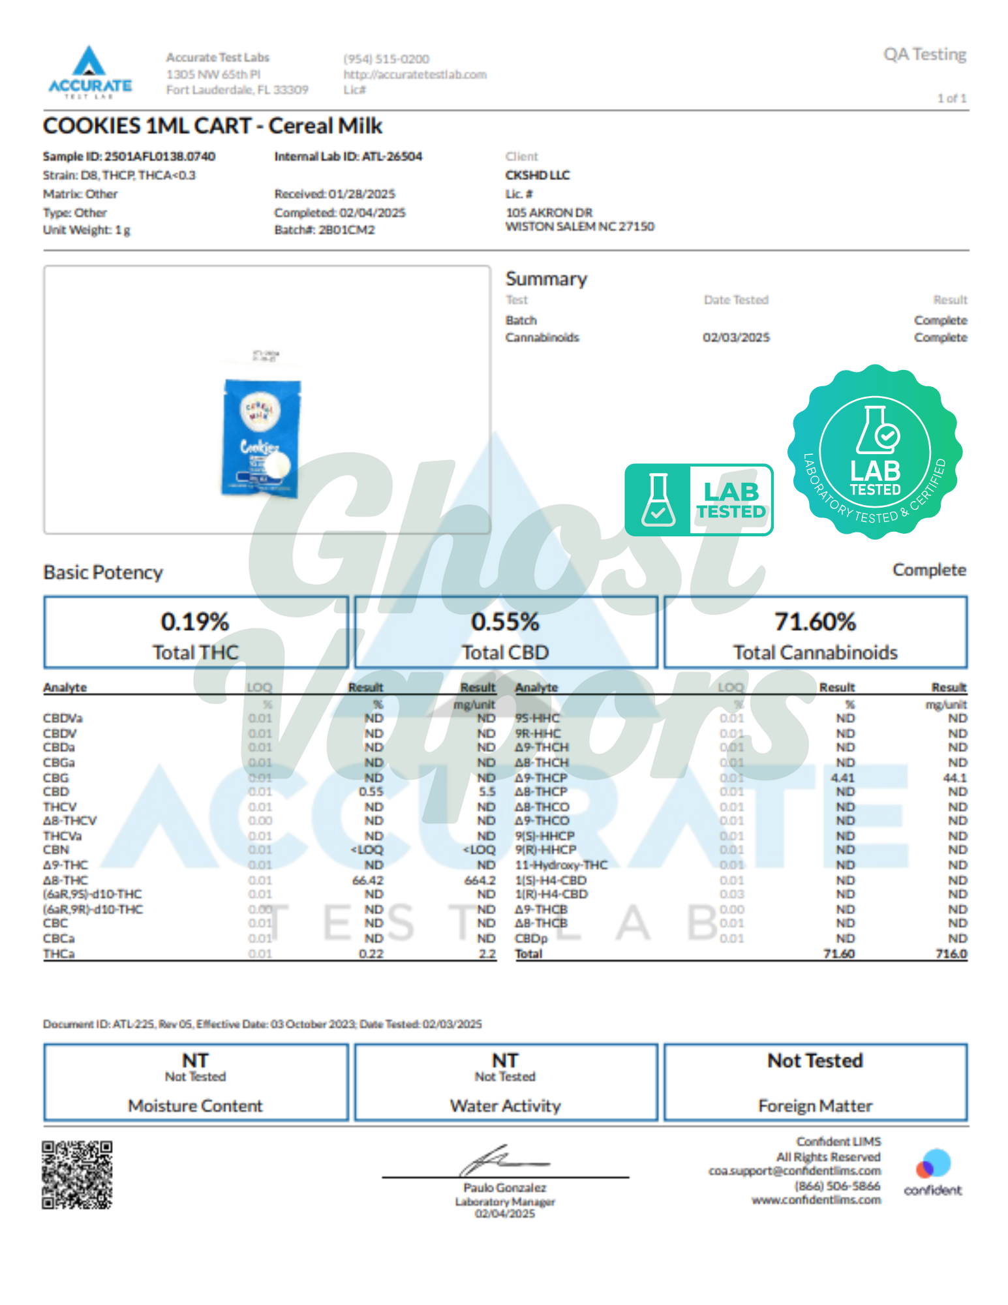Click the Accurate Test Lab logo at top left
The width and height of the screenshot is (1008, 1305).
coord(90,72)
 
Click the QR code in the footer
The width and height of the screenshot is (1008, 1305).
coord(77,1174)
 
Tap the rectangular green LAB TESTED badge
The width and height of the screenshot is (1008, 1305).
coord(699,500)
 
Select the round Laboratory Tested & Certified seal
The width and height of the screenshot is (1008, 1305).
coord(875,452)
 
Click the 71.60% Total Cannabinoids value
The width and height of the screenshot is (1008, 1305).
coord(815,622)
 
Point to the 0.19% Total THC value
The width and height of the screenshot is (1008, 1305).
coord(195,622)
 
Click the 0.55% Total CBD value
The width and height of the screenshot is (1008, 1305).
coord(505,622)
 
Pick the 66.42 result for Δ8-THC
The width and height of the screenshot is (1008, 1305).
coord(368,880)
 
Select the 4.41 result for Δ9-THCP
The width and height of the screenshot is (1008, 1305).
coord(842,778)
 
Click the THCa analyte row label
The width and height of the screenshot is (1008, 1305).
coord(59,954)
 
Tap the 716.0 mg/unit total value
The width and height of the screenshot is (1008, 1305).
coord(951,954)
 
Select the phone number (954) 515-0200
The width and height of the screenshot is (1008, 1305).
coord(386,59)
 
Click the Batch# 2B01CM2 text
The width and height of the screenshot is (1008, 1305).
coord(324,230)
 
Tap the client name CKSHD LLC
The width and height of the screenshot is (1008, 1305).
coord(538,175)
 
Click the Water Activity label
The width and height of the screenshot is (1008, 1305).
coord(505,1106)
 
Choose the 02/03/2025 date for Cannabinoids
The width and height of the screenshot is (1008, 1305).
coord(736,337)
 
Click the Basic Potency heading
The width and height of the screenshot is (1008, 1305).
coord(103,572)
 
